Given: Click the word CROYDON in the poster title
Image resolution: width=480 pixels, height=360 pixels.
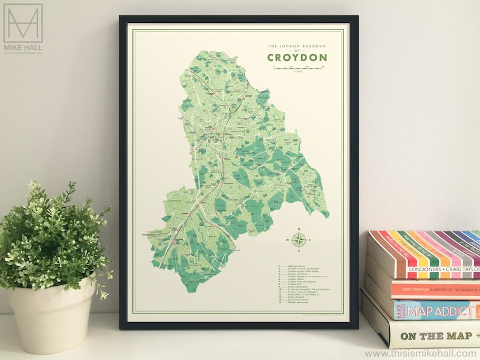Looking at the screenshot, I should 297,57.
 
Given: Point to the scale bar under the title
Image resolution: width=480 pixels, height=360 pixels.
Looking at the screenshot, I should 297,68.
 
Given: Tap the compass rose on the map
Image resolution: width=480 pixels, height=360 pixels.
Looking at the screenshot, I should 297,240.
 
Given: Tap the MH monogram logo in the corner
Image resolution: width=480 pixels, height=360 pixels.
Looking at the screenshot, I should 23,23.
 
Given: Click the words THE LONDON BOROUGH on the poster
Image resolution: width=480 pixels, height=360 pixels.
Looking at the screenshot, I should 297,45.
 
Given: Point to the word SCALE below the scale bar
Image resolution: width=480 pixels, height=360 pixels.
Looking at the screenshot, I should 297,72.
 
